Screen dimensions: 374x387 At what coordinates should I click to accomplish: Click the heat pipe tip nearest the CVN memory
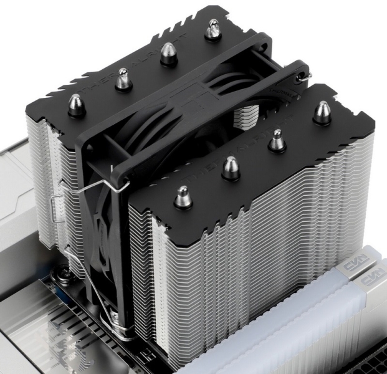[322, 112]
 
